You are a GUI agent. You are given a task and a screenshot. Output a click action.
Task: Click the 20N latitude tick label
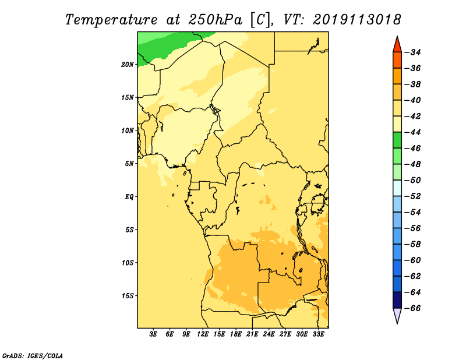pyautogui.click(x=128, y=65)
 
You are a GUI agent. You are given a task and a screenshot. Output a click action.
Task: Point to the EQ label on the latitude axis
pyautogui.click(x=129, y=197)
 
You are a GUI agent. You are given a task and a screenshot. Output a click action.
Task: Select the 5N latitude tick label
pyautogui.click(x=129, y=164)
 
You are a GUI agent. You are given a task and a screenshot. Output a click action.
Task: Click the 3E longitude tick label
pyautogui.click(x=153, y=334)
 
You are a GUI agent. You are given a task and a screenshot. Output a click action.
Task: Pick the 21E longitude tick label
pyautogui.click(x=252, y=334)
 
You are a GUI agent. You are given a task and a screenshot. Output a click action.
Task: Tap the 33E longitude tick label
pyautogui.click(x=318, y=334)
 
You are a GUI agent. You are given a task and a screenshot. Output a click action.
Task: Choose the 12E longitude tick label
pyautogui.click(x=203, y=334)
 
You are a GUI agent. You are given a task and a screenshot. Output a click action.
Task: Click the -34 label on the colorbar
pyautogui.click(x=413, y=52)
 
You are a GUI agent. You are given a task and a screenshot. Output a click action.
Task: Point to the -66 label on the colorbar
pyautogui.click(x=413, y=308)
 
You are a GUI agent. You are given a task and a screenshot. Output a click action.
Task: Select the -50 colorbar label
pyautogui.click(x=413, y=181)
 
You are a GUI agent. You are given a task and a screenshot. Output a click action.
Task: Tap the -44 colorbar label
pyautogui.click(x=413, y=132)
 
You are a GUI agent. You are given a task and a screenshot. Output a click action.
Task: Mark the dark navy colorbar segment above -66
pyautogui.click(x=397, y=300)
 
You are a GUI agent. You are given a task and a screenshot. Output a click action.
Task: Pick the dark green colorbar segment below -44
pyautogui.click(x=397, y=140)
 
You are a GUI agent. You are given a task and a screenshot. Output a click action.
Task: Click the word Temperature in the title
pyautogui.click(x=111, y=20)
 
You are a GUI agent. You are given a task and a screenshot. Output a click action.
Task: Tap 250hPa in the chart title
pyautogui.click(x=215, y=20)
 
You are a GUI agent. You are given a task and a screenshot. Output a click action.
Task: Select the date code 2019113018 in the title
pyautogui.click(x=356, y=20)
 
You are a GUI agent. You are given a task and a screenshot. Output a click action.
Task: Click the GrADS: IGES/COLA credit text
pyautogui.click(x=33, y=356)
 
